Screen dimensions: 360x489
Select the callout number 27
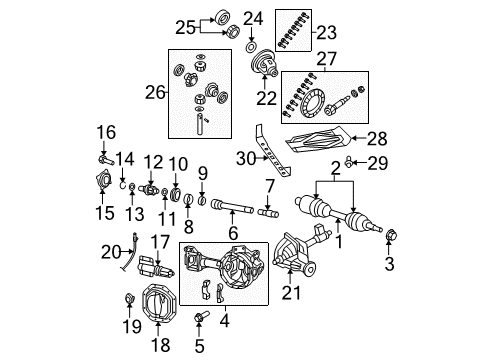coord(326,59)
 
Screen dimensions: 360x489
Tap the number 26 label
coord(154,93)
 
